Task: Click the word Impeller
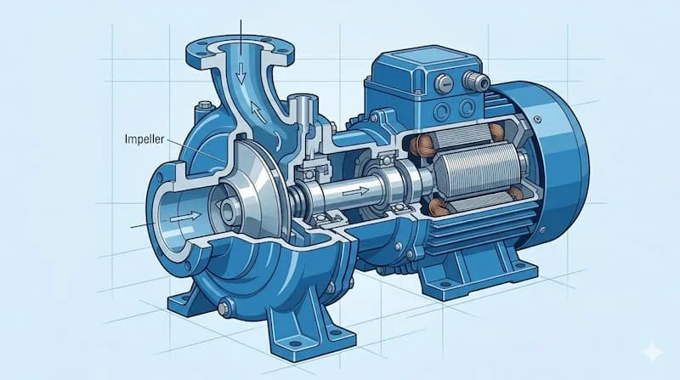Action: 144,139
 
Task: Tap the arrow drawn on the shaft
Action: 355,190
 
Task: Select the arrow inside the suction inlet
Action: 185,217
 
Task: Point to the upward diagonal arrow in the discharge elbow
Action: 258,112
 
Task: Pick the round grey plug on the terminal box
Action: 444,83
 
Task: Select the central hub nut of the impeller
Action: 228,210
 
